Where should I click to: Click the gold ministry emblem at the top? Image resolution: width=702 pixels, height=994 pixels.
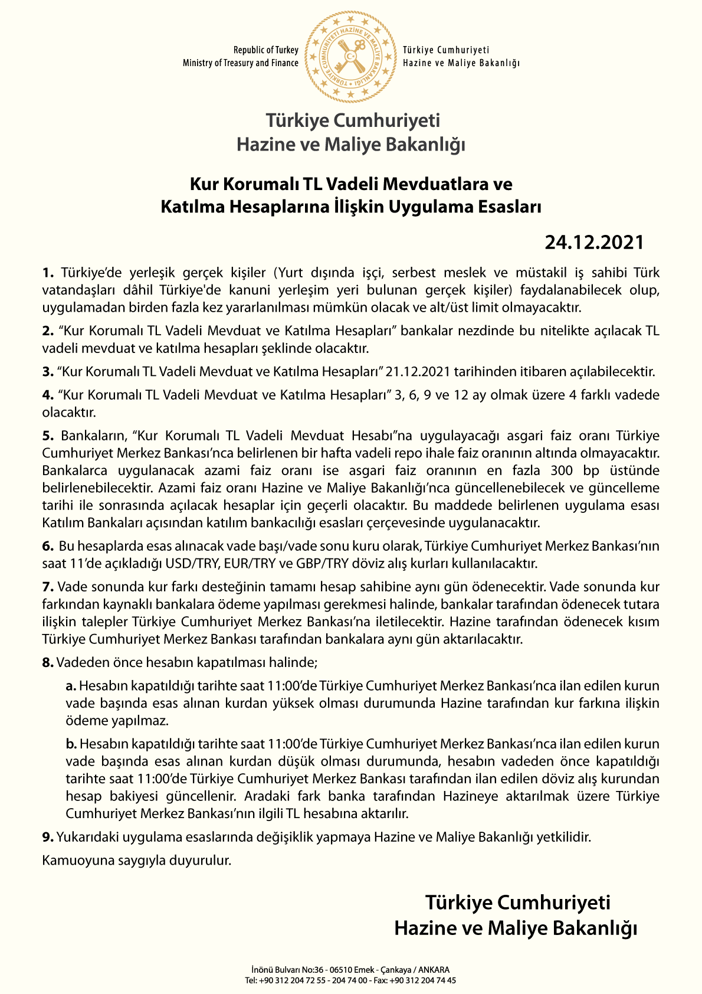pyautogui.click(x=350, y=57)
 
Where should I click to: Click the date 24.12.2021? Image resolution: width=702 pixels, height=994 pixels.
pyautogui.click(x=593, y=242)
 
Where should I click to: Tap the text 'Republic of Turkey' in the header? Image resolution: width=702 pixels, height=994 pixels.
pyautogui.click(x=265, y=50)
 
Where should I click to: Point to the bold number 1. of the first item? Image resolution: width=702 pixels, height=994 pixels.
pyautogui.click(x=48, y=273)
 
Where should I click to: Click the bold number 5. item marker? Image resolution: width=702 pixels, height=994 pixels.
pyautogui.click(x=48, y=436)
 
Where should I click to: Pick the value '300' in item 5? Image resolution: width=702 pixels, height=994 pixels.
pyautogui.click(x=560, y=470)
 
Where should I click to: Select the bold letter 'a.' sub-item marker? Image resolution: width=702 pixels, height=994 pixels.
pyautogui.click(x=71, y=686)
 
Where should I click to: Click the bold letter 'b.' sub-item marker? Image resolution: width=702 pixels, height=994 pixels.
pyautogui.click(x=71, y=744)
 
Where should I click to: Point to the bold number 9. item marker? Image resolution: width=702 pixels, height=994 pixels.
pyautogui.click(x=48, y=837)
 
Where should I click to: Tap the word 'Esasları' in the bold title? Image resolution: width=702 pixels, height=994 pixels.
pyautogui.click(x=510, y=207)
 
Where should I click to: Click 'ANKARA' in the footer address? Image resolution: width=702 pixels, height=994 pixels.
pyautogui.click(x=434, y=969)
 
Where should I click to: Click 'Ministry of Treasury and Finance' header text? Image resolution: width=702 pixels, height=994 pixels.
pyautogui.click(x=240, y=63)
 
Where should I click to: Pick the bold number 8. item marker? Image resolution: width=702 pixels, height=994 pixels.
pyautogui.click(x=48, y=663)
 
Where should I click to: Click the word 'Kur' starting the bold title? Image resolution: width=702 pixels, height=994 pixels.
pyautogui.click(x=204, y=184)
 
